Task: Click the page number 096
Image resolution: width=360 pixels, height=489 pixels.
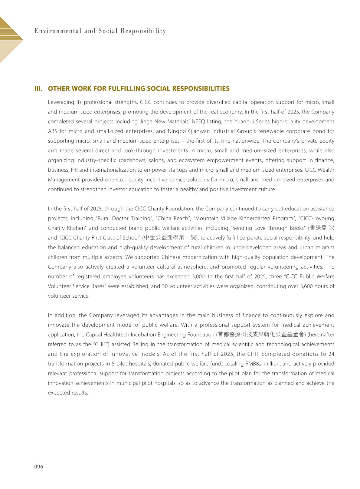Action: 39,467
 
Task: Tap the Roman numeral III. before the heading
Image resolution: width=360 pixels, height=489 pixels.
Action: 38,89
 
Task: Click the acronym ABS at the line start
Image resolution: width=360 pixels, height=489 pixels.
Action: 53,131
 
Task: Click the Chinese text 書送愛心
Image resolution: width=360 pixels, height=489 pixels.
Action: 321,228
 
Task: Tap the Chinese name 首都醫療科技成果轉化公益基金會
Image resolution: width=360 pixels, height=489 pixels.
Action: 260,335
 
